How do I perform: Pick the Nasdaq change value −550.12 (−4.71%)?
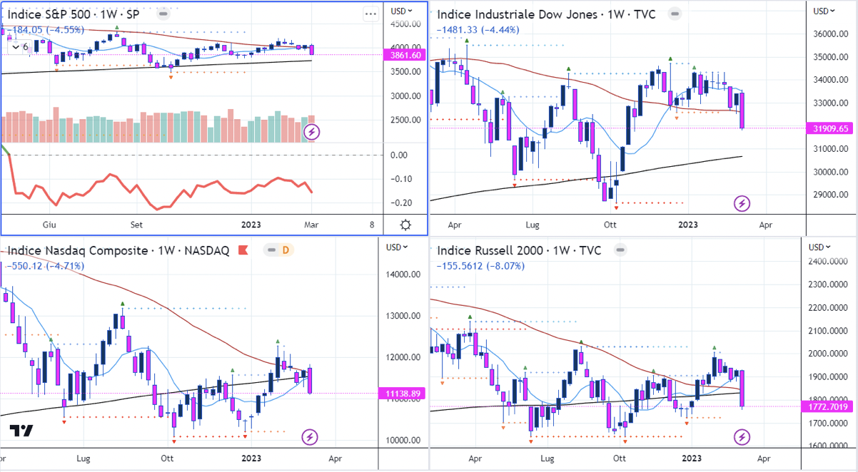[x=44, y=266]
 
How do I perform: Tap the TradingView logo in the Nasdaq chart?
[x=21, y=431]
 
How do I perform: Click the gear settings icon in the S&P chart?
[x=405, y=225]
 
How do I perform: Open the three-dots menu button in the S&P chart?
[x=370, y=14]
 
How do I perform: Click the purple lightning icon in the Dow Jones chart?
[x=742, y=204]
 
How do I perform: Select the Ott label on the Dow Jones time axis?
[x=610, y=225]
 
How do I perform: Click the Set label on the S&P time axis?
[x=136, y=225]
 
